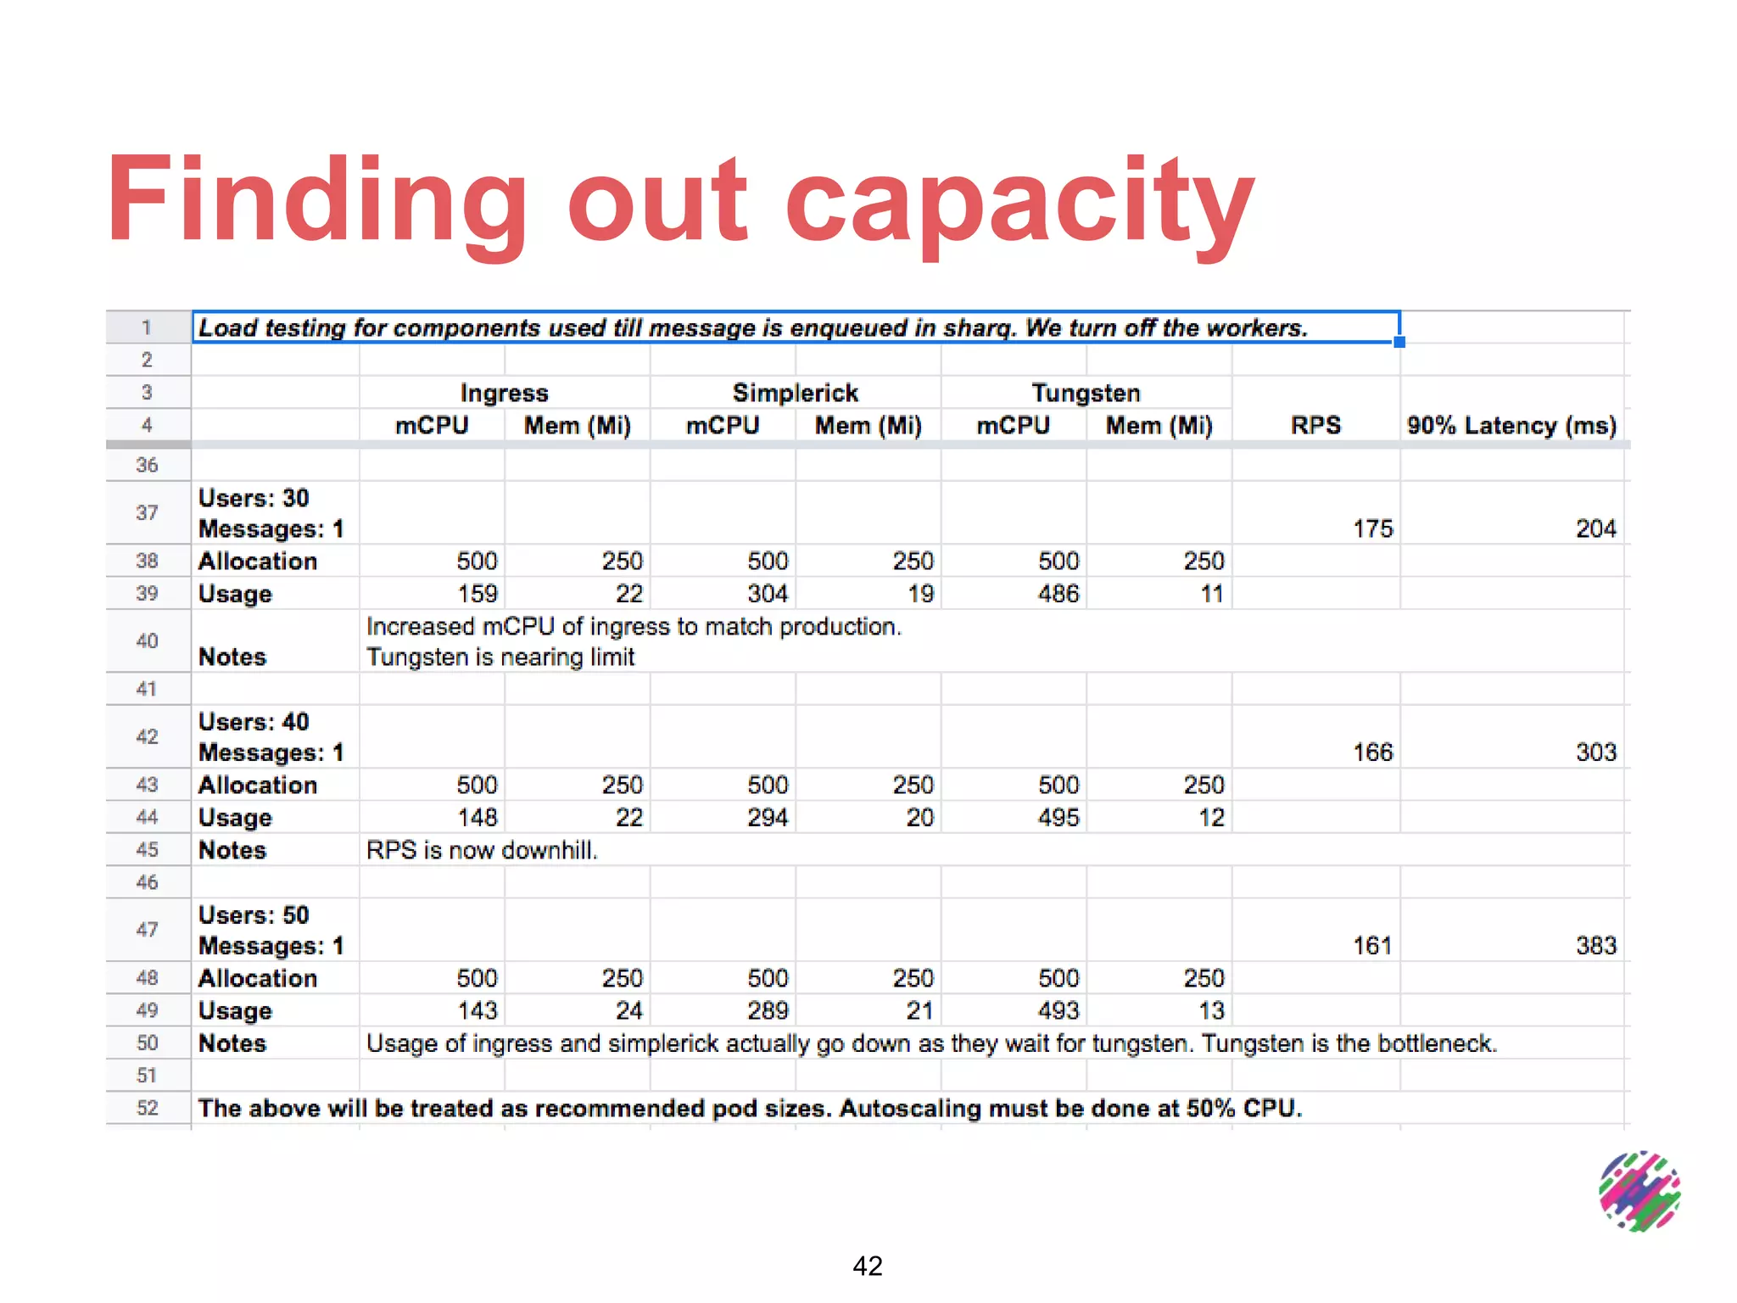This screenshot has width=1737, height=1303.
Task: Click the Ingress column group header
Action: click(x=504, y=393)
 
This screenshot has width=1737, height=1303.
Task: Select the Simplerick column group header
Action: click(x=795, y=393)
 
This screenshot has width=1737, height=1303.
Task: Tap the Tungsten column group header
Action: click(x=1086, y=393)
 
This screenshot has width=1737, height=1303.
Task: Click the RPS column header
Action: click(x=1315, y=425)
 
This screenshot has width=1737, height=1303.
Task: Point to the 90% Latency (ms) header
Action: click(x=1511, y=425)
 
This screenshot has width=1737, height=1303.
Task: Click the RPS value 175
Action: click(x=1372, y=528)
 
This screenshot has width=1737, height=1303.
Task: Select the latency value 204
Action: click(x=1595, y=528)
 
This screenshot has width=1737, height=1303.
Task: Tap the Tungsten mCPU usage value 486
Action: click(x=1058, y=594)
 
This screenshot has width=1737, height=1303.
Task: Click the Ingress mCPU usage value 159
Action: click(x=477, y=594)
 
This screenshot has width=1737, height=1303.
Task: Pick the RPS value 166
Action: click(x=1372, y=752)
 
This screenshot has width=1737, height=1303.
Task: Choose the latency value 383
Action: click(x=1595, y=946)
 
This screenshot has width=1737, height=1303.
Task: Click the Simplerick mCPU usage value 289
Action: click(x=768, y=1010)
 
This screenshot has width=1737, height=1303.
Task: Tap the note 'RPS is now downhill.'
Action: click(x=482, y=850)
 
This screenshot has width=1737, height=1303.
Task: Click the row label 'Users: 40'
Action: click(x=254, y=722)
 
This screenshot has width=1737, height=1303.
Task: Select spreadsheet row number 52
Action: click(x=148, y=1108)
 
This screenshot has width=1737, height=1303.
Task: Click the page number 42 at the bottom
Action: click(x=868, y=1266)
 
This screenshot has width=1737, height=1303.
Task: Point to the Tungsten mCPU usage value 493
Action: click(x=1058, y=1010)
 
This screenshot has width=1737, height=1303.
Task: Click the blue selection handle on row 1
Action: click(x=1399, y=342)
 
